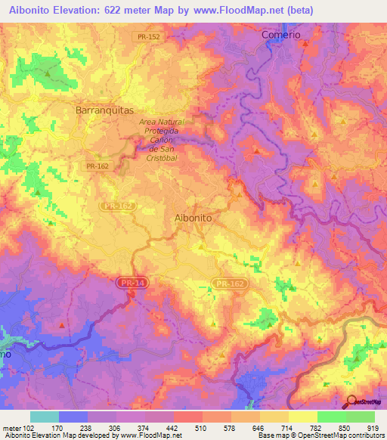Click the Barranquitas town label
click(x=105, y=110)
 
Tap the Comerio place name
click(x=280, y=35)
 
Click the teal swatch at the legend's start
click(x=45, y=417)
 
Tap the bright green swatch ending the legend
click(x=360, y=417)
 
